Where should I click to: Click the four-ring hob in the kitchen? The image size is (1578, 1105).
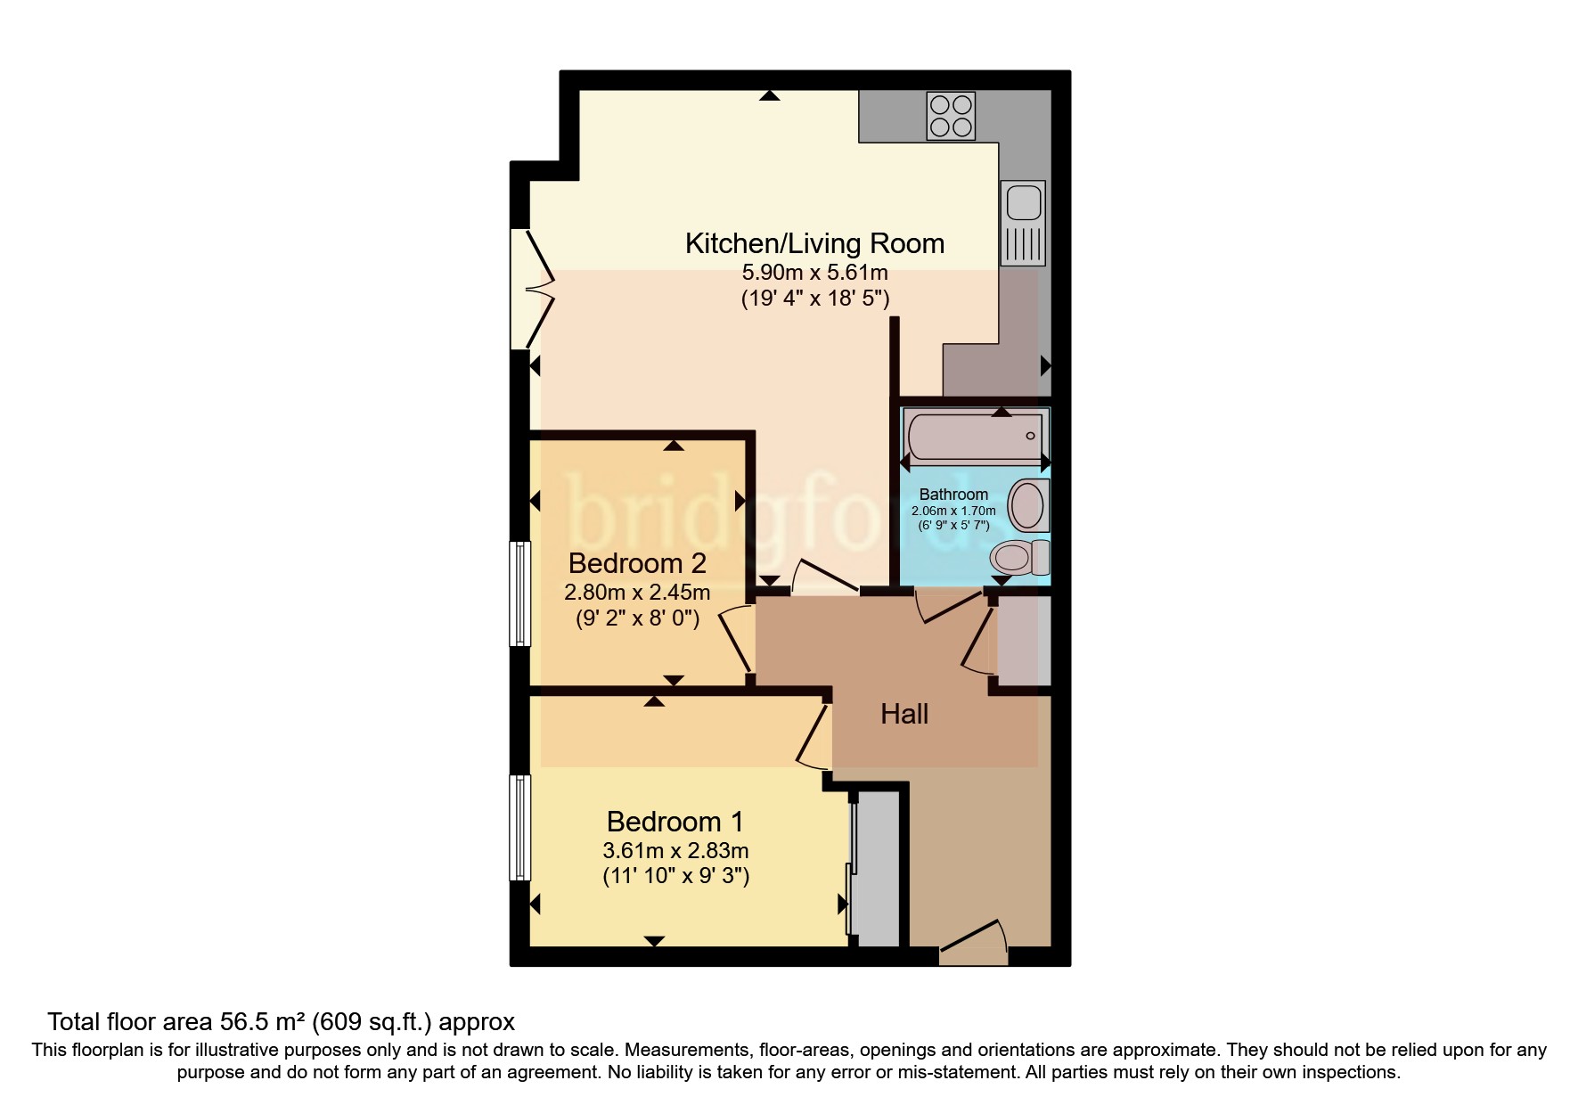951,116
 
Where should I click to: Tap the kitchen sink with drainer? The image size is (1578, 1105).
1023,223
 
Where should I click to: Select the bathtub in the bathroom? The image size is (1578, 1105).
975,436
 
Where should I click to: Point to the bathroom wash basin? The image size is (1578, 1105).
1028,505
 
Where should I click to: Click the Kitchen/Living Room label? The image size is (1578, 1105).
814,243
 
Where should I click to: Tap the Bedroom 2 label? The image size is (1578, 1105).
637,563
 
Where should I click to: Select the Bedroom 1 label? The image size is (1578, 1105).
675,821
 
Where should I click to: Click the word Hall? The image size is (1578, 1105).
904,714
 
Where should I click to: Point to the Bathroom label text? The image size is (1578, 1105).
953,494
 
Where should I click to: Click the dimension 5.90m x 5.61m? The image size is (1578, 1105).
814,273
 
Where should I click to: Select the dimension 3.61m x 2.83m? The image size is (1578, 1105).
675,850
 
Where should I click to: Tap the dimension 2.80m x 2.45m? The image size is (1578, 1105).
637,593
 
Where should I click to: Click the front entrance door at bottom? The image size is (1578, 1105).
973,945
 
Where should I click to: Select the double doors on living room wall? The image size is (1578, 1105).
533,289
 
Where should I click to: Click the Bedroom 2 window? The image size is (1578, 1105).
519,593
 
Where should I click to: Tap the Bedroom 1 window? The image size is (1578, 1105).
519,827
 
